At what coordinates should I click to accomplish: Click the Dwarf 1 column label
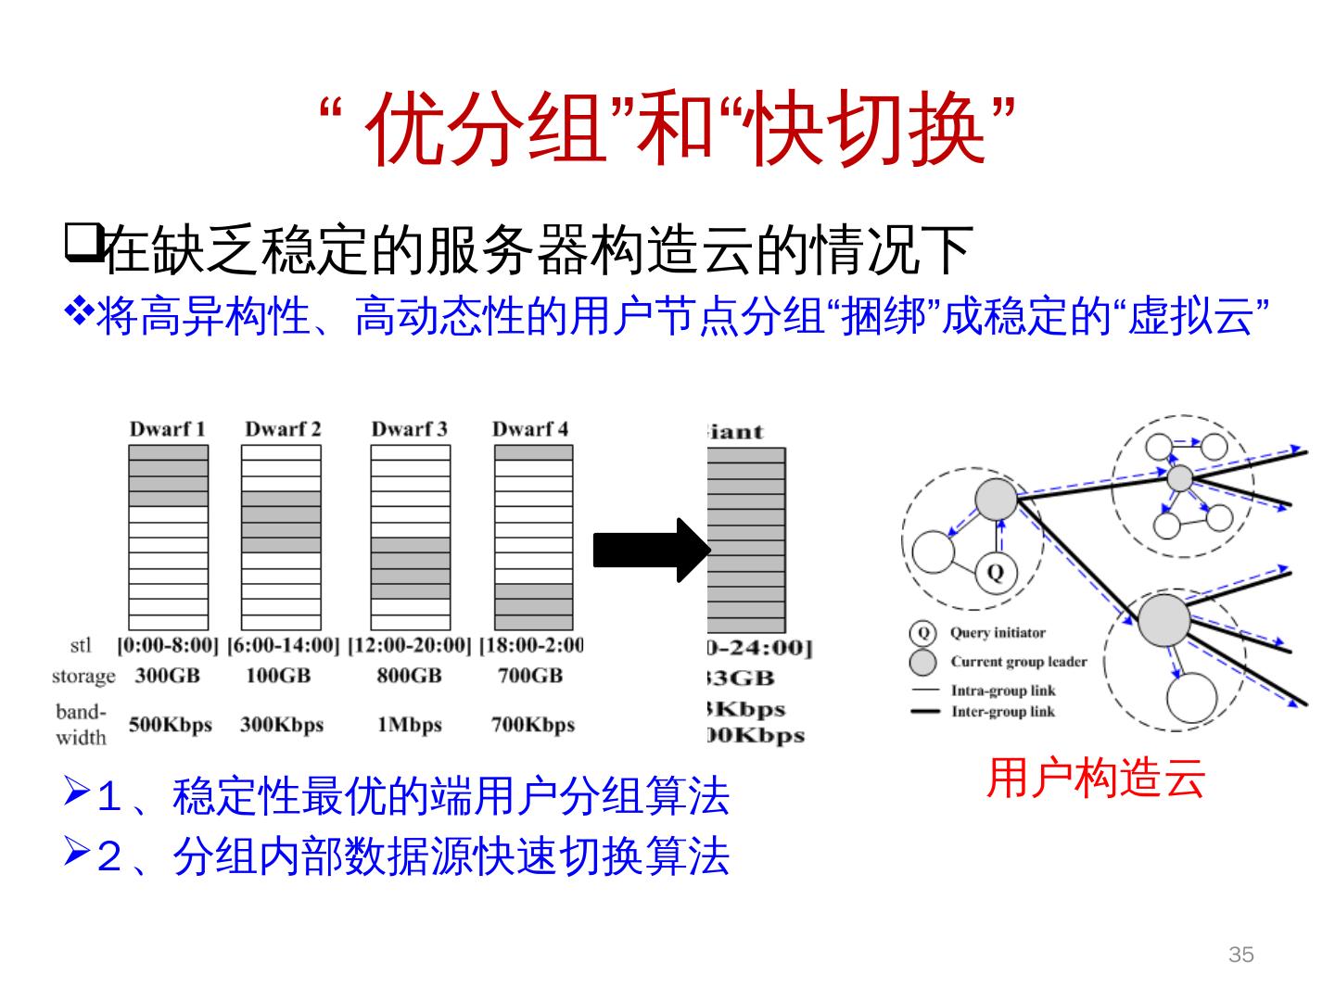click(x=167, y=429)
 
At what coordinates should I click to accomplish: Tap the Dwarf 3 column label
click(x=409, y=429)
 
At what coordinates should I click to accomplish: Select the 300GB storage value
click(x=168, y=676)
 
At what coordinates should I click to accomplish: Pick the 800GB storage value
click(x=409, y=676)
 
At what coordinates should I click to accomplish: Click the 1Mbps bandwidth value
click(x=409, y=725)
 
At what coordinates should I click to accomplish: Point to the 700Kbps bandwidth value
click(x=533, y=725)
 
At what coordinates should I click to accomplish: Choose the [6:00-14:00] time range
click(x=283, y=645)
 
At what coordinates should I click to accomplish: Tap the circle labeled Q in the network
click(x=996, y=572)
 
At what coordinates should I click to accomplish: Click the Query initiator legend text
click(x=998, y=633)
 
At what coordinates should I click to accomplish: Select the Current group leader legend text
click(x=1018, y=662)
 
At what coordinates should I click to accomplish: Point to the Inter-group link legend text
click(x=1002, y=712)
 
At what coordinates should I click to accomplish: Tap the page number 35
click(x=1240, y=955)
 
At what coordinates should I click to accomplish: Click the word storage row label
click(x=83, y=677)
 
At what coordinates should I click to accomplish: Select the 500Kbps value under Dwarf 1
click(x=170, y=725)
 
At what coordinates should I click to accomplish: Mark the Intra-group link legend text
click(x=1002, y=691)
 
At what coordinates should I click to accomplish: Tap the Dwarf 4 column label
click(x=529, y=429)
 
